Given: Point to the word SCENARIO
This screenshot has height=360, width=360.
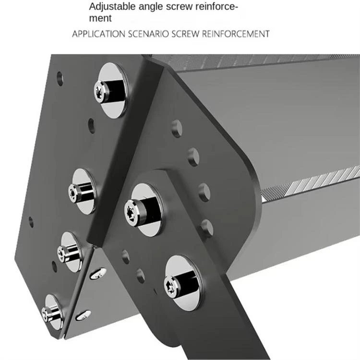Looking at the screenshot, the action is (x=148, y=34).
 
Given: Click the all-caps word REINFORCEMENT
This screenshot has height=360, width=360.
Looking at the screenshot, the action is (x=236, y=34).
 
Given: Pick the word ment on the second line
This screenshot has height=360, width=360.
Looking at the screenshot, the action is (x=100, y=18).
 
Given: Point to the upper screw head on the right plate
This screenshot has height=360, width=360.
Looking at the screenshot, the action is (x=132, y=211).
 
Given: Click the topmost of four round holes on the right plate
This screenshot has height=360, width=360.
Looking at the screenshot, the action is (x=177, y=129).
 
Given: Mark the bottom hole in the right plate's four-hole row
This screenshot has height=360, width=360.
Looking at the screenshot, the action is (x=207, y=228).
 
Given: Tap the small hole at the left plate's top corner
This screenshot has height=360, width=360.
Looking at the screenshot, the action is (x=60, y=79).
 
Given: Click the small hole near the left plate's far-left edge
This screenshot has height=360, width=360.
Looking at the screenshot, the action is (x=31, y=222).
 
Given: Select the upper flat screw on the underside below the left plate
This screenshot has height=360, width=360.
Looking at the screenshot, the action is (x=98, y=273).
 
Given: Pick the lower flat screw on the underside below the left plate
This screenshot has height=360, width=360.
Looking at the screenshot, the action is (x=83, y=315).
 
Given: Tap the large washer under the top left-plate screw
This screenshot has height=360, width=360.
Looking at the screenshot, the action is (x=113, y=91).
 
